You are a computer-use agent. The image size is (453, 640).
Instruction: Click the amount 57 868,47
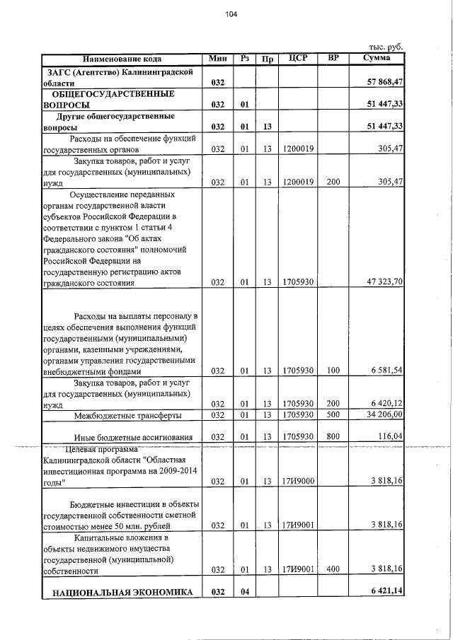pyautogui.click(x=385, y=83)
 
